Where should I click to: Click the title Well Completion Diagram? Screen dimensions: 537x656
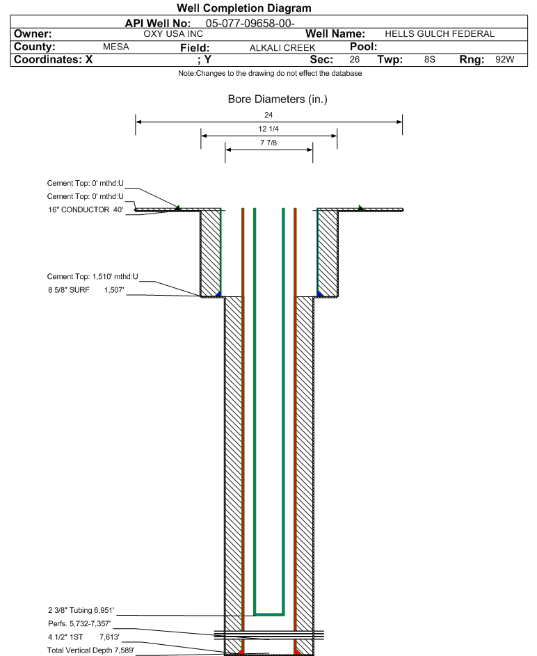[244, 8]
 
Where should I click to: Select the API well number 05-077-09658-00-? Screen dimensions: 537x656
[250, 24]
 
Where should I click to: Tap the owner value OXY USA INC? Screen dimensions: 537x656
[173, 34]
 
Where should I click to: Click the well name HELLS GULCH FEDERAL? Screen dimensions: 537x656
[440, 34]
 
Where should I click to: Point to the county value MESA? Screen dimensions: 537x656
[116, 47]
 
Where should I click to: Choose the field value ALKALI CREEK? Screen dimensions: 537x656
[282, 48]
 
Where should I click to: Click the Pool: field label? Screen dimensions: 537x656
[363, 47]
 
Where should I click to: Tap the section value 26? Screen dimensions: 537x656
[355, 59]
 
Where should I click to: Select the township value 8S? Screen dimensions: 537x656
[429, 59]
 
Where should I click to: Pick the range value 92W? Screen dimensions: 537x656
[505, 59]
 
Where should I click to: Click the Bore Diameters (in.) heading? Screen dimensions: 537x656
[278, 99]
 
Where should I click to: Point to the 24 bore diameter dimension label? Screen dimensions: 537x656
[268, 115]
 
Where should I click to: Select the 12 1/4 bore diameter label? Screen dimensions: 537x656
[268, 129]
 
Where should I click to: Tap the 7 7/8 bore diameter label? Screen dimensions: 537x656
[268, 143]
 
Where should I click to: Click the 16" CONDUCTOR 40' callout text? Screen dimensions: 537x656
[86, 209]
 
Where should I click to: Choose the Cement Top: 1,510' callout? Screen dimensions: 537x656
[93, 277]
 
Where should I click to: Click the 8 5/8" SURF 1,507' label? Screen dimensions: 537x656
[86, 290]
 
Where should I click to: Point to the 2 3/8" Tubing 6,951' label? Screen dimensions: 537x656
[81, 610]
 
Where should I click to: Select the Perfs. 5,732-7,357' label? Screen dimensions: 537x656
[79, 624]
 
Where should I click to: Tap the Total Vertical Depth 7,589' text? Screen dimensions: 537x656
[90, 650]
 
